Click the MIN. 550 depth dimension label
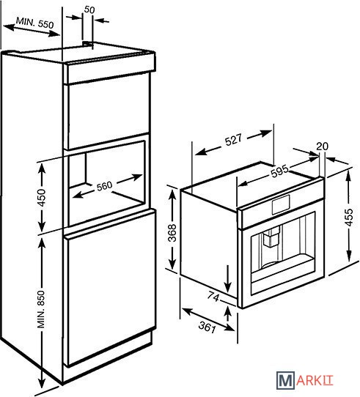35,23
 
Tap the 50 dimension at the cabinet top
89,10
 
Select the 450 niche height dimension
41,198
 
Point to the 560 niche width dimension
104,186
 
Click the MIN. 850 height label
41,309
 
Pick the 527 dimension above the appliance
233,139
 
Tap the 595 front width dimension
279,171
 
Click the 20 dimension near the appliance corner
322,146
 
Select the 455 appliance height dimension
349,218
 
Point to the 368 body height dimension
172,233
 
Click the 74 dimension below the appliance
213,297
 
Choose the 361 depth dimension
207,327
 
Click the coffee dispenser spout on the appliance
271,237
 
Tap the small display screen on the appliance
281,204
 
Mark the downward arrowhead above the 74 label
228,288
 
